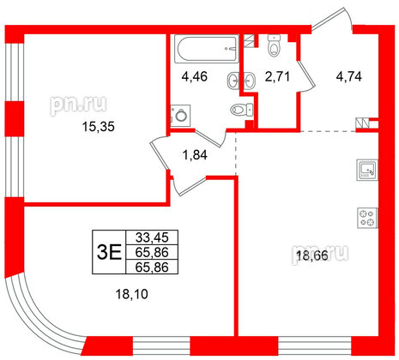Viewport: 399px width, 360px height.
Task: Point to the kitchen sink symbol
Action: click(x=366, y=170)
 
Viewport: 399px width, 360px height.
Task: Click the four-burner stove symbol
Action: click(x=367, y=217)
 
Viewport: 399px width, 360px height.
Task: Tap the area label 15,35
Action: click(x=75, y=126)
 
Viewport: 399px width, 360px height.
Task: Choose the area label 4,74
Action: click(x=348, y=76)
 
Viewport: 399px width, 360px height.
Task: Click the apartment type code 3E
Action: click(x=107, y=251)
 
